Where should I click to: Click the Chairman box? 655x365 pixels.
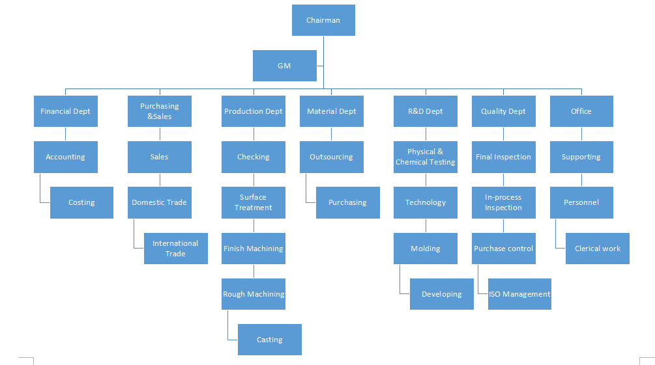(x=323, y=20)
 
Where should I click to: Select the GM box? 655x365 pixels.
(x=284, y=66)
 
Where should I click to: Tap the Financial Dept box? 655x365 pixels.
(x=65, y=111)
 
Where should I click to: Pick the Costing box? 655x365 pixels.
(x=81, y=202)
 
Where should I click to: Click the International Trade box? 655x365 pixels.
(x=175, y=249)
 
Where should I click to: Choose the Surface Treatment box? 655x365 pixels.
(x=253, y=202)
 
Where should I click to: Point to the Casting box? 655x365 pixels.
(x=269, y=340)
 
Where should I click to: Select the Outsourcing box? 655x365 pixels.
(x=331, y=157)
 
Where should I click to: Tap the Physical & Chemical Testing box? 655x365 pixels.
(x=425, y=157)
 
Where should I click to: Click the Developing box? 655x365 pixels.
(x=441, y=294)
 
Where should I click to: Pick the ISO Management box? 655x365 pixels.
(x=519, y=294)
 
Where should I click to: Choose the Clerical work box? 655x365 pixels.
(x=597, y=249)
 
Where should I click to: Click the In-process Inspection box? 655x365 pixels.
(x=503, y=202)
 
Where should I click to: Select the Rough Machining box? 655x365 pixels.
(x=253, y=294)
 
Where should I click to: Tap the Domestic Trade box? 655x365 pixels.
(x=159, y=202)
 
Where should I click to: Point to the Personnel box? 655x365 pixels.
(x=581, y=202)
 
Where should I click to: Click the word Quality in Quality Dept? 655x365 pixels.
(x=493, y=111)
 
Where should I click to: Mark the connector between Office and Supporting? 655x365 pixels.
(x=581, y=134)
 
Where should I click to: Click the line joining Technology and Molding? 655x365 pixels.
(x=426, y=225)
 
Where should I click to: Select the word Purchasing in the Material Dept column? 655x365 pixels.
(x=347, y=202)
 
